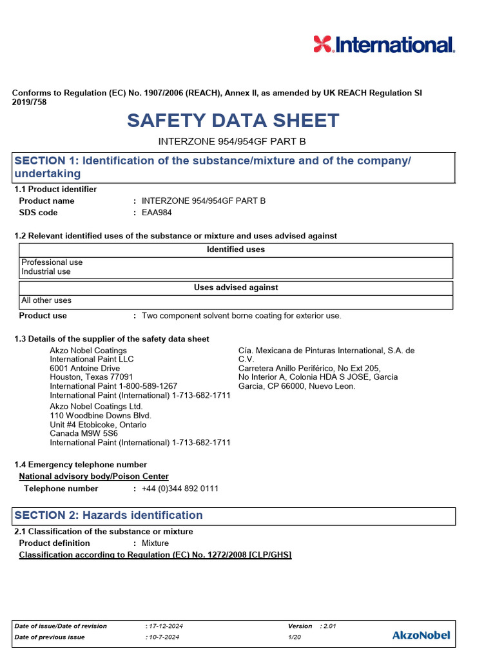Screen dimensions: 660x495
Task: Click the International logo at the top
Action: pyautogui.click(x=384, y=44)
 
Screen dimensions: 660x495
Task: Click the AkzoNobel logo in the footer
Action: pyautogui.click(x=421, y=635)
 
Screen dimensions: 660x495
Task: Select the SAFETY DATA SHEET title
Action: pyautogui.click(x=233, y=121)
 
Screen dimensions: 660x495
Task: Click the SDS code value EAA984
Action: pyautogui.click(x=157, y=213)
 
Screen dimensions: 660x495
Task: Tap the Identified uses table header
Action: pyautogui.click(x=235, y=249)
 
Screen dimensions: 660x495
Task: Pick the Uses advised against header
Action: pyautogui.click(x=236, y=287)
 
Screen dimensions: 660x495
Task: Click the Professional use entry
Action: pyautogui.click(x=52, y=262)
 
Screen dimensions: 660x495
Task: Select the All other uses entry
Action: pyautogui.click(x=46, y=300)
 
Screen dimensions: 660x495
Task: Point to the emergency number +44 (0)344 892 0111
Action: pyautogui.click(x=180, y=489)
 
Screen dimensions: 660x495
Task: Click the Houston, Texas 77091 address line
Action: pyautogui.click(x=92, y=377)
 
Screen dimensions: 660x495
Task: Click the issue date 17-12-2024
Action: pyautogui.click(x=164, y=626)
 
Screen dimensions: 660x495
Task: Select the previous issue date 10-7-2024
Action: pyautogui.click(x=162, y=637)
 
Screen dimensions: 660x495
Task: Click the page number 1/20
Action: pyautogui.click(x=295, y=637)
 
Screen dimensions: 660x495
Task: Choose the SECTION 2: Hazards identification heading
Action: pyautogui.click(x=108, y=515)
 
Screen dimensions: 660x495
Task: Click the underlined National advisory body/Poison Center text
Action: pyautogui.click(x=94, y=476)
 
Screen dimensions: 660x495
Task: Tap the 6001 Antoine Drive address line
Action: pyautogui.click(x=84, y=368)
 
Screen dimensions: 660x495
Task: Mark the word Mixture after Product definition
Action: pyautogui.click(x=155, y=543)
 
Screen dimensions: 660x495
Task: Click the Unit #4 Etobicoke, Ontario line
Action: pyautogui.click(x=98, y=425)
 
